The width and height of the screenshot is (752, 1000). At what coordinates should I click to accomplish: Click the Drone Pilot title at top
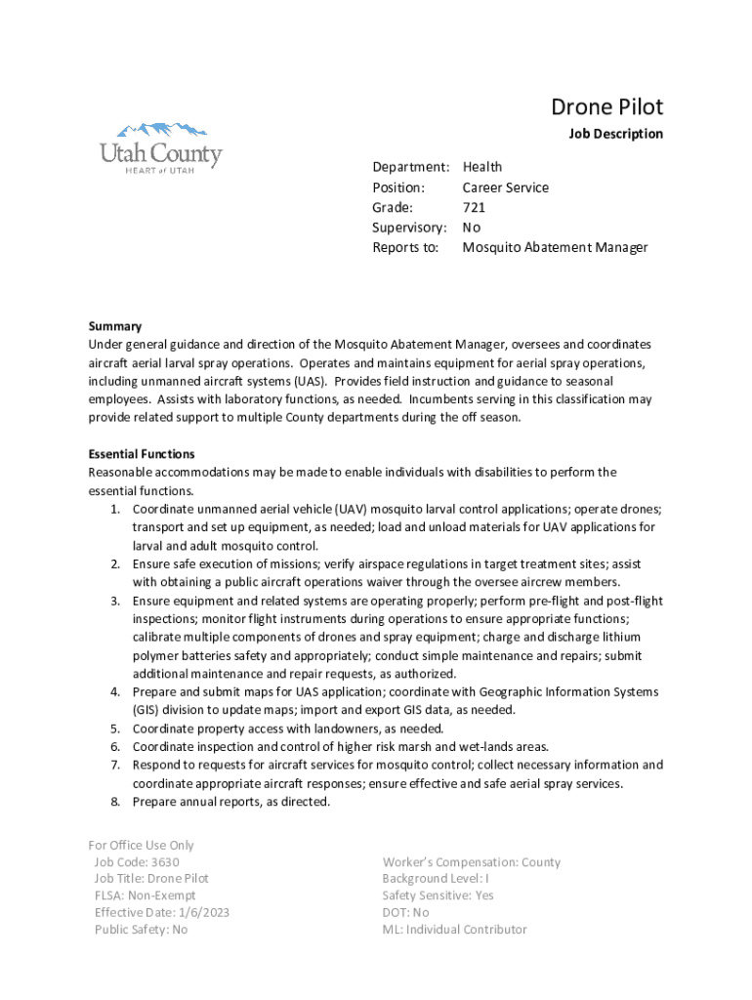point(606,106)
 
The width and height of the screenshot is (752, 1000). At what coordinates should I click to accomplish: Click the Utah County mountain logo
point(161,146)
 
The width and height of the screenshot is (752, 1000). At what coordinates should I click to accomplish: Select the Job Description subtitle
point(615,134)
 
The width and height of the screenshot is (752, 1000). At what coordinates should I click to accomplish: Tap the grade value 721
point(474,208)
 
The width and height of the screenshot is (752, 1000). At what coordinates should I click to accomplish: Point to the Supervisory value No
point(472,228)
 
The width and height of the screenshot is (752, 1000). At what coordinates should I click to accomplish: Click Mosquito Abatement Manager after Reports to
point(555,248)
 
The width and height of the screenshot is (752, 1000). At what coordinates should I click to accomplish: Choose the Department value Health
point(482,167)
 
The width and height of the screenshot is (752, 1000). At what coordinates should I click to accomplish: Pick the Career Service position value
point(506,187)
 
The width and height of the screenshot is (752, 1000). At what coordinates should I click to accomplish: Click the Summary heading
point(115,326)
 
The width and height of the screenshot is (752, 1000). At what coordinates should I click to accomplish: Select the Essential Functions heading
point(142,454)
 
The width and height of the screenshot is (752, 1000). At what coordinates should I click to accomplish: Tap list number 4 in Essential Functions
point(114,692)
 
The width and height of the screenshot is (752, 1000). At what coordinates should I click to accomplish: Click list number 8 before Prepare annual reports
point(114,802)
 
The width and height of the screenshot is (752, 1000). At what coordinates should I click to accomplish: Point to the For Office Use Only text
point(142,846)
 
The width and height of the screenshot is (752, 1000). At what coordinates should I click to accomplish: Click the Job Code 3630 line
point(137,862)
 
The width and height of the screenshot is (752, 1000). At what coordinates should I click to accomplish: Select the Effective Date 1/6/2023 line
point(162,913)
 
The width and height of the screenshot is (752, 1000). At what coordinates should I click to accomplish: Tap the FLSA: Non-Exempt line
point(145,896)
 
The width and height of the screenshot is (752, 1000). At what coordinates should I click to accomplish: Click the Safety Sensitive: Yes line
point(438,896)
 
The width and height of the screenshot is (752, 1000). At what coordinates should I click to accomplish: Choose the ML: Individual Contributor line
point(454,930)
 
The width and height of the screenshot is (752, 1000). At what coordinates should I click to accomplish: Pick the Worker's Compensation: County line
point(472,862)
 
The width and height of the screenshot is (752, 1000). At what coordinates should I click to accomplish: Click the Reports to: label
point(405,248)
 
